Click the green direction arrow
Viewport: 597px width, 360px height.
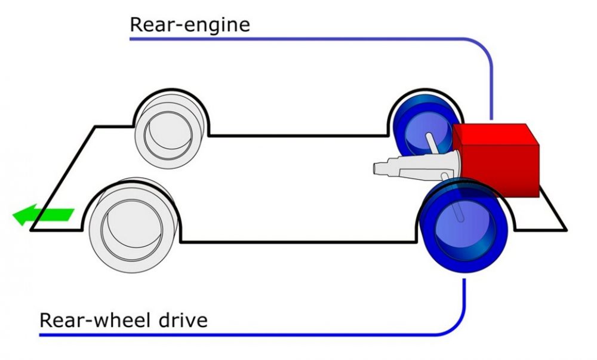coord(43,215)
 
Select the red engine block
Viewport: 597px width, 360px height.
coord(496,160)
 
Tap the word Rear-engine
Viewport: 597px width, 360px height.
coord(190,24)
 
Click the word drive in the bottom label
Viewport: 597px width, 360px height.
coord(183,320)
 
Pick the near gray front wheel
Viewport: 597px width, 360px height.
coord(133,225)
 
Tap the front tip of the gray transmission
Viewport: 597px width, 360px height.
coord(374,168)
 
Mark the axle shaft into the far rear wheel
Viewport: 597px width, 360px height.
coord(432,143)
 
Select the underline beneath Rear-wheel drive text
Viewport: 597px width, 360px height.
coord(252,336)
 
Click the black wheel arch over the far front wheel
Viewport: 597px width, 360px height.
coord(171,91)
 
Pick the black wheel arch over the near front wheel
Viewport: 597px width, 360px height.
coord(131,182)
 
